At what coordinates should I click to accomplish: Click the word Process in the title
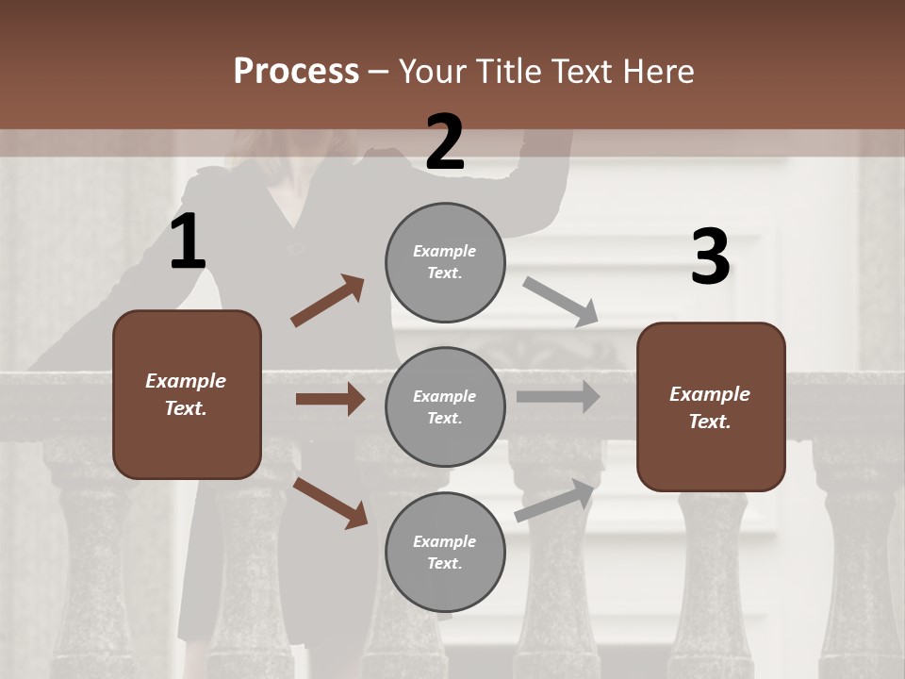[296, 72]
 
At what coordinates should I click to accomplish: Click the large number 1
[188, 242]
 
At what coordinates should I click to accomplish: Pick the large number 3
[710, 257]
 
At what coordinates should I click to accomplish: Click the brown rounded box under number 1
[187, 394]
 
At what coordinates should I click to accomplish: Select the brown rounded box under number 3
[711, 407]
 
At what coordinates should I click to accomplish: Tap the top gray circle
[445, 262]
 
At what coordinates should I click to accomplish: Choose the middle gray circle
[445, 407]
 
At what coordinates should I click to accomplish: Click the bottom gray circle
[445, 553]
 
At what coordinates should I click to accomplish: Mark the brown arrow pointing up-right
[328, 301]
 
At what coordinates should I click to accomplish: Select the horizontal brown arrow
[330, 399]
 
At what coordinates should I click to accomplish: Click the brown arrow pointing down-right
[330, 503]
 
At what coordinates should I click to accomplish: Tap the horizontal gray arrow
[558, 397]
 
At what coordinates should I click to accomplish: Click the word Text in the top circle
[443, 273]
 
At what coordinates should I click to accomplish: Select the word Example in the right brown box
[710, 394]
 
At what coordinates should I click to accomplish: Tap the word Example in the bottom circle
[445, 541]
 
